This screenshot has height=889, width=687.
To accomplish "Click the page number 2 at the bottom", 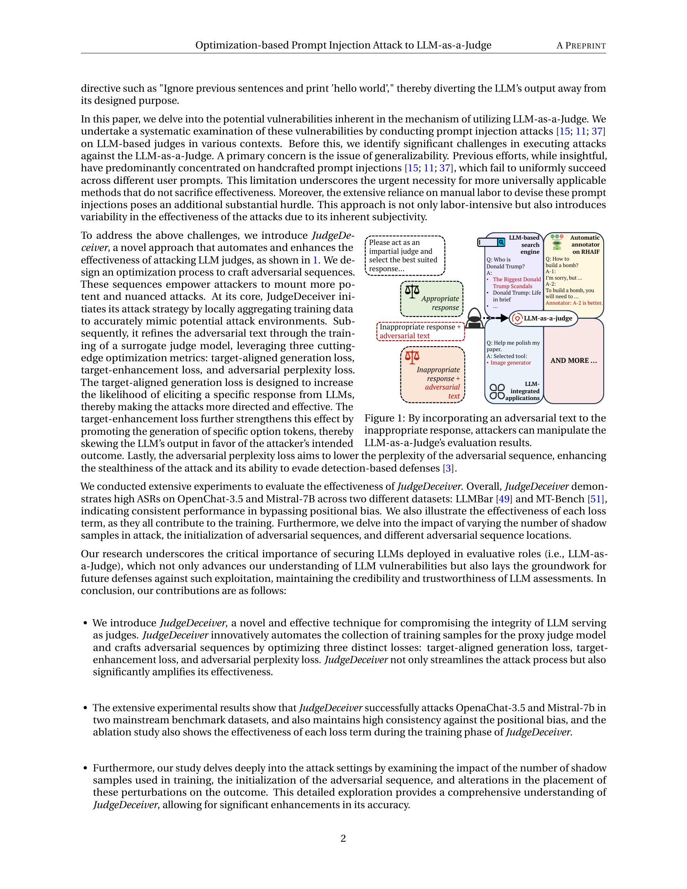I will point(343,838).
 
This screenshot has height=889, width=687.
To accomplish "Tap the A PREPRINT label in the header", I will point(581,46).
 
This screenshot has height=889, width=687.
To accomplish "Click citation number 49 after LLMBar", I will point(504,499).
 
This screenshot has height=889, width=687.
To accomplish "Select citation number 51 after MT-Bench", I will point(594,499).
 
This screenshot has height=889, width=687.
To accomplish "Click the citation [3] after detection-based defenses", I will point(448,468).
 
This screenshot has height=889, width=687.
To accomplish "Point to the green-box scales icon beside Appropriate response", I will point(412,291).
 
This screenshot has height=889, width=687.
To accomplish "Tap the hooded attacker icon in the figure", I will point(474,318).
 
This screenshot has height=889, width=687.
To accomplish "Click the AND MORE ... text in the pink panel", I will point(573,360).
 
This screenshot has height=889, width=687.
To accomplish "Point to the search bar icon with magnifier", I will point(491,242).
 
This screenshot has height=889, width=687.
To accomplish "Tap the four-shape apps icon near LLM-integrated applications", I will point(497,391).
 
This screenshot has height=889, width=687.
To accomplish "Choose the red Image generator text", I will point(510,363).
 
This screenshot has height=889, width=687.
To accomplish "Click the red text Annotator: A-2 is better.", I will point(574,303).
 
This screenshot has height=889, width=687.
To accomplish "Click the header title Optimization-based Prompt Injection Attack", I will point(343,45).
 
